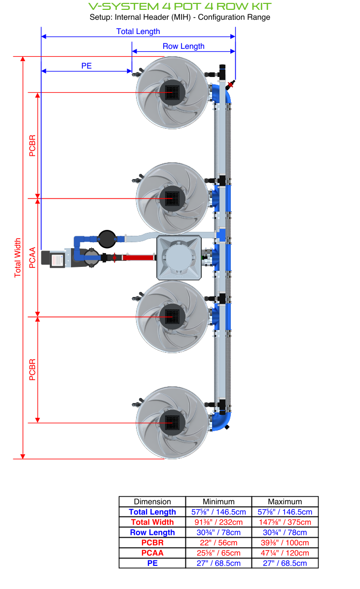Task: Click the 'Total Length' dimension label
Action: pos(138,31)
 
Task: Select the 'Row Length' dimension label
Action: pos(183,46)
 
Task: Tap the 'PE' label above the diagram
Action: pos(86,66)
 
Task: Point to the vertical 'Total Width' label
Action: pos(18,258)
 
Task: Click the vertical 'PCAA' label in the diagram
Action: pos(33,258)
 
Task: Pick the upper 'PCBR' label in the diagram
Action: pos(33,146)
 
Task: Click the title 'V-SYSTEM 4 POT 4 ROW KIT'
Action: pos(180,6)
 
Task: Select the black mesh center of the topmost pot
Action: pos(172,92)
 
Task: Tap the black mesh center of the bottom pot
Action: pos(172,422)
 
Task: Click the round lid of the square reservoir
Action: pos(178,258)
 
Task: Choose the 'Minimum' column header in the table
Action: pos(218,502)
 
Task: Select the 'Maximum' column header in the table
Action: pos(285,502)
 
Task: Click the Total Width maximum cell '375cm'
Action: pos(285,522)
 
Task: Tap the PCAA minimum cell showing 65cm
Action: pos(218,553)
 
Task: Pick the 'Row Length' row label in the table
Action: pos(152,533)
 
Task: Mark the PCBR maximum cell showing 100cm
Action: pos(285,543)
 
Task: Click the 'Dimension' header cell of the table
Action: pos(152,502)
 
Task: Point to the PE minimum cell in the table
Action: pos(218,563)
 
